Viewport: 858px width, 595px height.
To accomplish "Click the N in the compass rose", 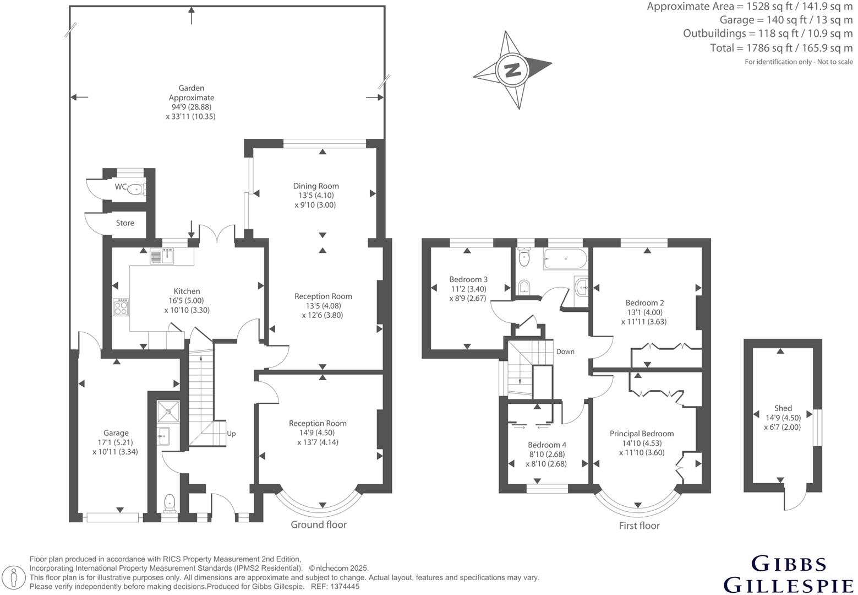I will [x=512, y=70].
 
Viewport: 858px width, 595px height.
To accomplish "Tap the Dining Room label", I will [x=316, y=186].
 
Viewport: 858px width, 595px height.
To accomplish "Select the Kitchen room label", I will [x=187, y=291].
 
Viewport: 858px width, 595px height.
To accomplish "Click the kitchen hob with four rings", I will [x=121, y=307].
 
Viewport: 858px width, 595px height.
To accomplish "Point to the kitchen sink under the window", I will [x=162, y=256].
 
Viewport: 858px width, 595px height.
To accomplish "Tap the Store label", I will [x=125, y=223].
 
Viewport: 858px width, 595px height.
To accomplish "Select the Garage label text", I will [x=116, y=433].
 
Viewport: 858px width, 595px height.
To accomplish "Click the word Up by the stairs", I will [x=231, y=434].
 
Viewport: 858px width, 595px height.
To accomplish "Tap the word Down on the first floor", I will [x=565, y=351].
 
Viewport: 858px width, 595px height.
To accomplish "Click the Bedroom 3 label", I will [x=468, y=279].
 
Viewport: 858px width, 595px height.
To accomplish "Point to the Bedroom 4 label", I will [x=547, y=445].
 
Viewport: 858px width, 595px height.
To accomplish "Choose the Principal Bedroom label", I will [x=641, y=434].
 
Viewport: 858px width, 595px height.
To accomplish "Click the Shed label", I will [x=783, y=408].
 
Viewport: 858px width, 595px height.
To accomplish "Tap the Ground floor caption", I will [x=319, y=524].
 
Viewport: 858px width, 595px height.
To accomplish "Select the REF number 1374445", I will [x=343, y=587].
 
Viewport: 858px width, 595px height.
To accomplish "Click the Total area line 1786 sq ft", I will [x=781, y=48].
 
